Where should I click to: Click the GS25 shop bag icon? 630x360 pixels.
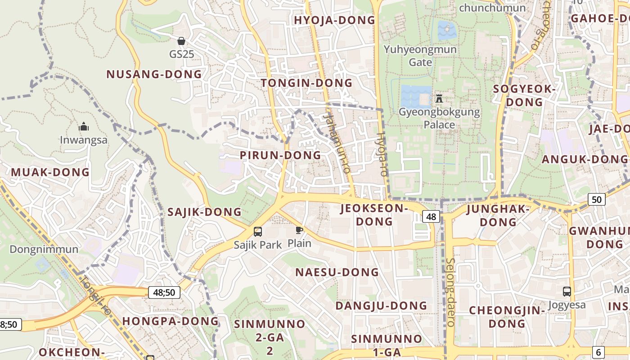tap(181, 41)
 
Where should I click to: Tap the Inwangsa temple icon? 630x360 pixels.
tap(84, 127)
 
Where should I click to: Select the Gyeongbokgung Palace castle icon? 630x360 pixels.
tap(439, 98)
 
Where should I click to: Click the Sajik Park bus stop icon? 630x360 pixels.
tap(258, 232)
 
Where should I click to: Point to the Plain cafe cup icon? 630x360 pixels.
tap(299, 231)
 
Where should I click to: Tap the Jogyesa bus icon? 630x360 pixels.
tap(567, 292)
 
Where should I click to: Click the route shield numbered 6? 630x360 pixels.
tap(598, 352)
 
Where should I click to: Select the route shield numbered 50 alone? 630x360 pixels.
tap(596, 199)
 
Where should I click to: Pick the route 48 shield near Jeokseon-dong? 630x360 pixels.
tap(431, 217)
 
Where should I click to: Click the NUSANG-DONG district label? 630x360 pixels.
tap(154, 74)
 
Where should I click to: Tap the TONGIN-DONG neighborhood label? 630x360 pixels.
tap(306, 83)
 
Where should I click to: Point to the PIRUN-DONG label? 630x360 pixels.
tap(280, 155)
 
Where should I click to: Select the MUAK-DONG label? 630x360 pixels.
tap(50, 172)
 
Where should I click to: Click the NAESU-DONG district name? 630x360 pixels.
tap(337, 272)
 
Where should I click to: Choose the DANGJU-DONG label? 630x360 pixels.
tap(381, 306)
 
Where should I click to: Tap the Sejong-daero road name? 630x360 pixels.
tap(450, 292)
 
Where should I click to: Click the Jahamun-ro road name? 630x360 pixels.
tap(337, 142)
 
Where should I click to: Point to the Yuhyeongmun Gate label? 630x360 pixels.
tap(420, 55)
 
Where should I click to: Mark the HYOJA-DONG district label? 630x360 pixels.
tap(334, 20)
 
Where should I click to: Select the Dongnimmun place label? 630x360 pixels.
tap(44, 249)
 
